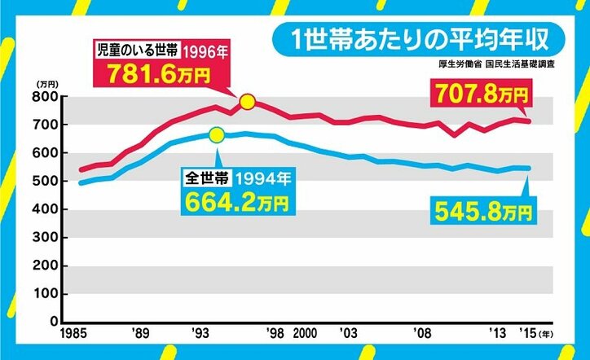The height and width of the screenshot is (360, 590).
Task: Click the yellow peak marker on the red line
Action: pyautogui.click(x=248, y=102)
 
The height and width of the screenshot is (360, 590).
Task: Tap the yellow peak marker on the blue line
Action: pyautogui.click(x=217, y=135)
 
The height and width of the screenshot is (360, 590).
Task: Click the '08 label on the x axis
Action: pyautogui.click(x=422, y=334)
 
